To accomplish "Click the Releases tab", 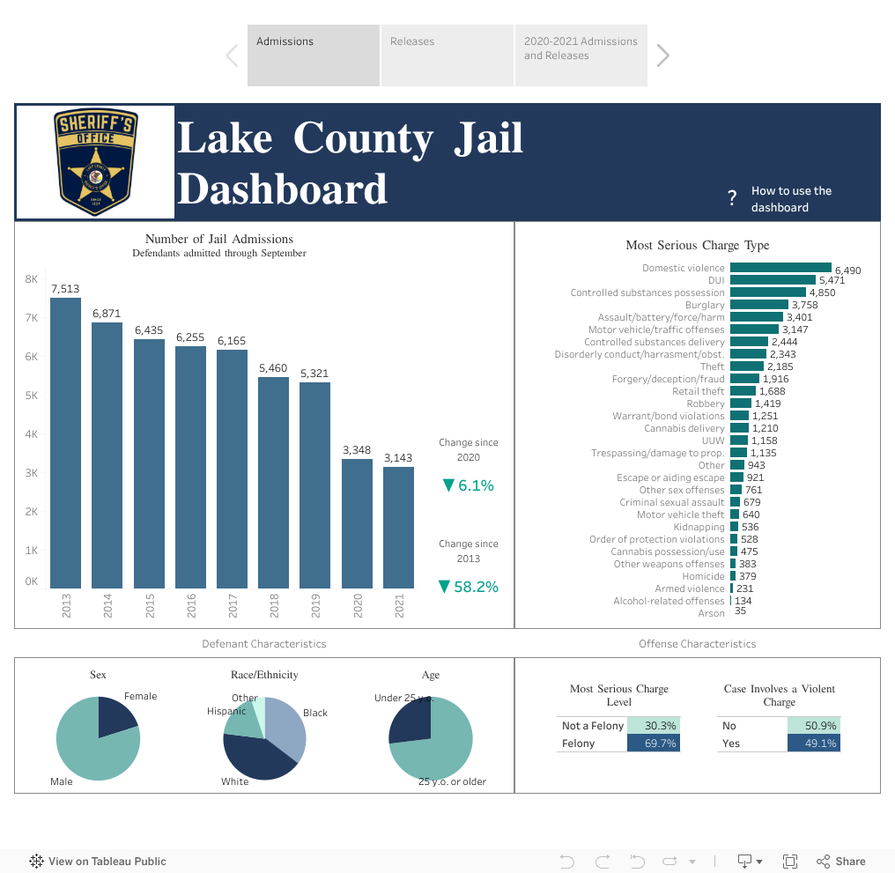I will pos(446,55).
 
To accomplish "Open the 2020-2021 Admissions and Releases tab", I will pos(581,55).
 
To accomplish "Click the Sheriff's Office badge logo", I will pos(95,162).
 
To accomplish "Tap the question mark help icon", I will pos(731,199).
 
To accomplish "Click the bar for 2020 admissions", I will pos(357,523).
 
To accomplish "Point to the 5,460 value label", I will pos(273,367).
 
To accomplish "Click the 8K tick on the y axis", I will pos(31,279).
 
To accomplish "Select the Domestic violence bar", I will pos(780,268).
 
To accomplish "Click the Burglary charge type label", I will pos(705,305).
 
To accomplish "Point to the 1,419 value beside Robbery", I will pos(766,403).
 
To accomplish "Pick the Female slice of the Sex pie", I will pos(115,714).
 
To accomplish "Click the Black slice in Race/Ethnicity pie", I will pos(289,727).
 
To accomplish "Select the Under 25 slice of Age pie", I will pos(411,720).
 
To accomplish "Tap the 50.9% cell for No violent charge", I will pos(814,726).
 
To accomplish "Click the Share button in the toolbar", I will pos(841,862).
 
